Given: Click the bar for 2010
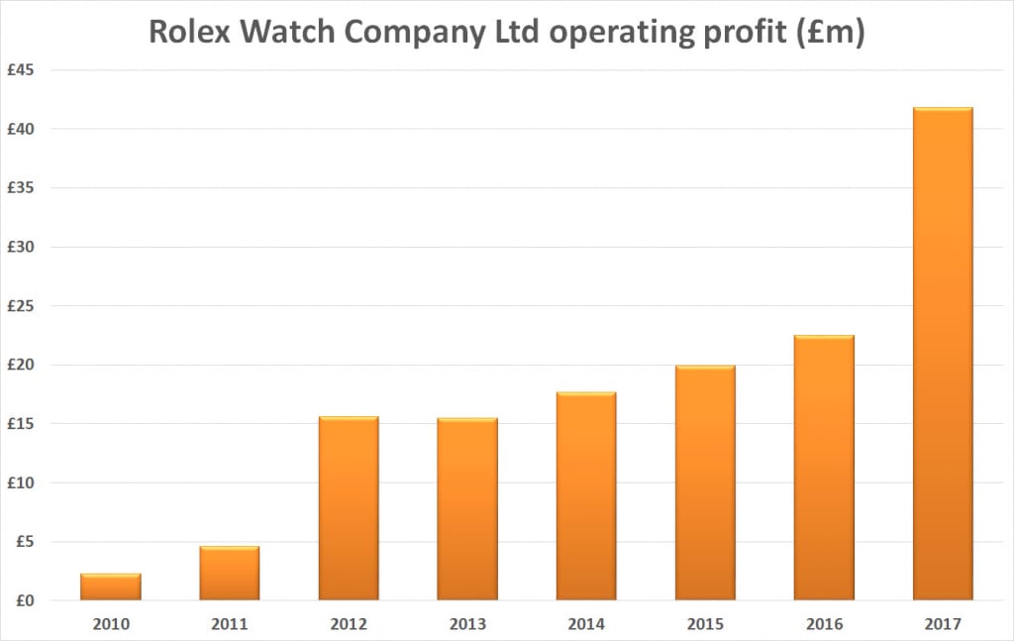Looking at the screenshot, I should [110, 587].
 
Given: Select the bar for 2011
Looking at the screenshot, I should [229, 574].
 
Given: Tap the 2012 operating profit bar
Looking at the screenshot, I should [349, 508].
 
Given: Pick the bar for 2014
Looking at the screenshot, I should [586, 496].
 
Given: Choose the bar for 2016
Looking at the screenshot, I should [824, 468].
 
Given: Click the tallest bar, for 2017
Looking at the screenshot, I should [943, 354].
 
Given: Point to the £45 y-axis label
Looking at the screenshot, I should [21, 70].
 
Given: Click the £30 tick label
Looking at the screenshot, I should [21, 247].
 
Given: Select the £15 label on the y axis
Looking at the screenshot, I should [21, 424].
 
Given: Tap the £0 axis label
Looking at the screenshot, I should [25, 600].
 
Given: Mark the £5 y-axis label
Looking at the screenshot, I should [25, 542].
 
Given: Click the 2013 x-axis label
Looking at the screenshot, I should [467, 625].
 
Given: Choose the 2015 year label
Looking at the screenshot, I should [705, 625].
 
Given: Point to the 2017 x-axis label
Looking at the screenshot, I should [943, 625].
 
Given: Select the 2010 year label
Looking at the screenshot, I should [110, 625].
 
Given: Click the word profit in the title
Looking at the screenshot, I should [742, 33].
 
